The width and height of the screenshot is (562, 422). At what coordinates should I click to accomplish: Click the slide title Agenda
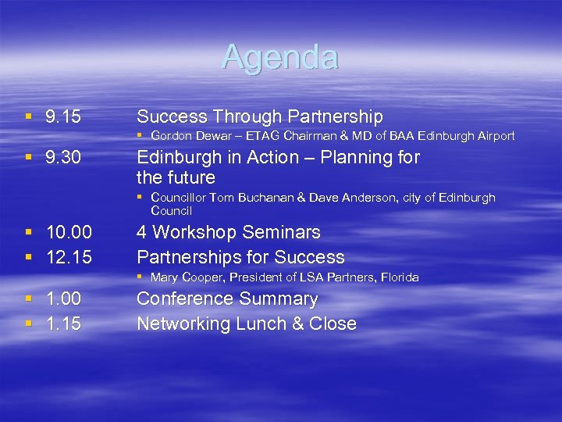tap(280, 57)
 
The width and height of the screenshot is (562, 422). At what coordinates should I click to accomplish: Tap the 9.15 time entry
tap(63, 117)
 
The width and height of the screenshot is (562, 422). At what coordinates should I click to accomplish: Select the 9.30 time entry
tap(63, 158)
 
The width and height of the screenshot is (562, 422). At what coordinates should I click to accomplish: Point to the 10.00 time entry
tap(69, 232)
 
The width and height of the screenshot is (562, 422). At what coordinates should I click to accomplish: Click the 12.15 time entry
tap(69, 257)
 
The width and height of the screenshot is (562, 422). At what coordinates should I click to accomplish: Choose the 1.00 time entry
tap(63, 299)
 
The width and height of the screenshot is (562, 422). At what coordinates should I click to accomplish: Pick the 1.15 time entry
tap(63, 324)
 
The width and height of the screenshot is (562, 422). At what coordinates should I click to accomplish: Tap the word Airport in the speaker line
tap(492, 136)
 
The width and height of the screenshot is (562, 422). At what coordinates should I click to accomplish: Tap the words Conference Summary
tap(227, 299)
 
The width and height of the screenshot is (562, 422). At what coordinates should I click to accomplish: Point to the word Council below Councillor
tap(172, 211)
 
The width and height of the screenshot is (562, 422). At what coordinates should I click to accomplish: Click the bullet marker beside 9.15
tap(29, 118)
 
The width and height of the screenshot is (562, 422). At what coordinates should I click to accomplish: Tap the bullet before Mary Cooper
tap(140, 277)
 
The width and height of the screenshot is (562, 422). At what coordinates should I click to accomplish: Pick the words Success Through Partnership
tap(260, 117)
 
